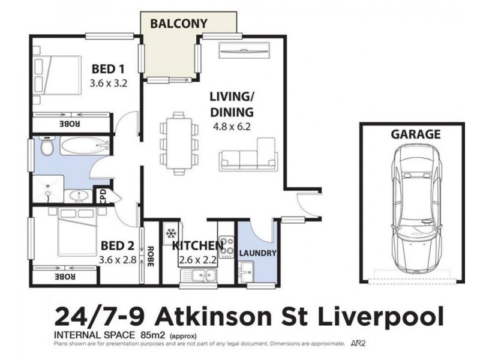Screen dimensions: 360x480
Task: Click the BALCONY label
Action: (x=179, y=23)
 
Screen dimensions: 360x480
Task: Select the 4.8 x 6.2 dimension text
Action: (x=231, y=127)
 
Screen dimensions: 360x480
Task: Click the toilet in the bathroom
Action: (x=46, y=146)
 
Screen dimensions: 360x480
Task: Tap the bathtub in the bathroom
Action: (x=85, y=146)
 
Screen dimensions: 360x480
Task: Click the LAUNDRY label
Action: (x=258, y=253)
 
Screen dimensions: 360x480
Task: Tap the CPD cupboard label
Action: (x=103, y=197)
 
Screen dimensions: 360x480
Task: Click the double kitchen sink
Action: (x=200, y=275)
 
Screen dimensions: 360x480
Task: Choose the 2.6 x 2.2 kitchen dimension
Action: (x=197, y=260)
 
